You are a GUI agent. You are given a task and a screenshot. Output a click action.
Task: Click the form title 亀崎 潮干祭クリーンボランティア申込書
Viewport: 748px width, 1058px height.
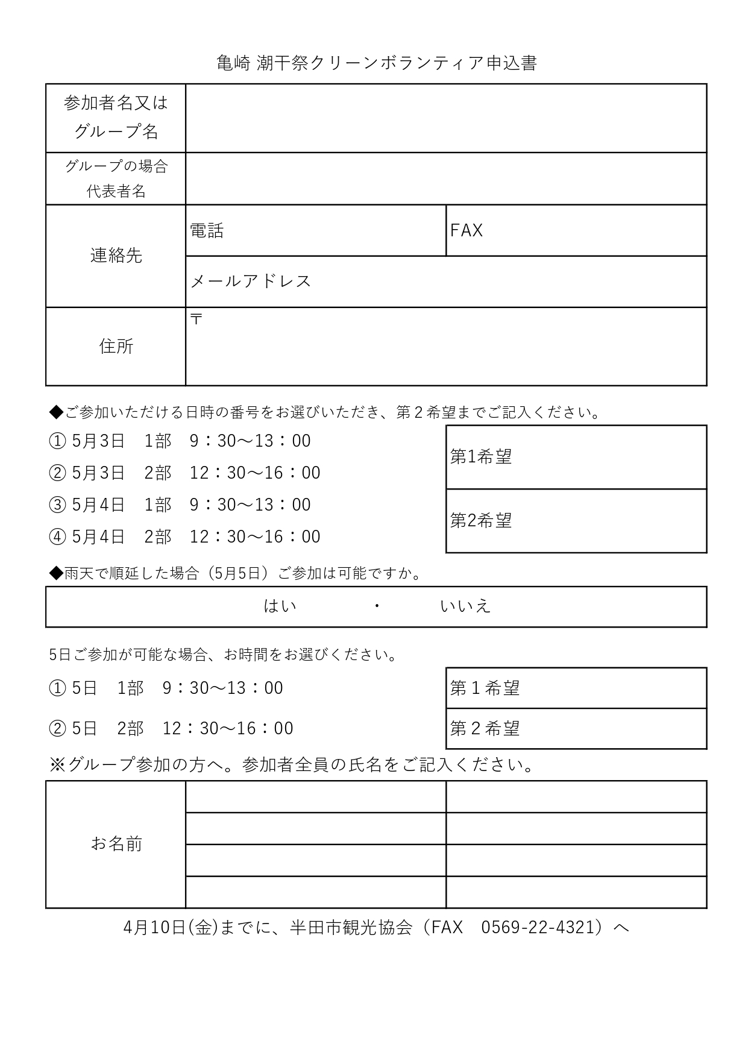click(376, 63)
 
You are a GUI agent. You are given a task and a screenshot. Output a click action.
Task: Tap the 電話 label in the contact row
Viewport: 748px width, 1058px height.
click(207, 230)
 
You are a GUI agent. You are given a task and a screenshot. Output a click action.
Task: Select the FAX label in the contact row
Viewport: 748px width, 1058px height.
click(467, 230)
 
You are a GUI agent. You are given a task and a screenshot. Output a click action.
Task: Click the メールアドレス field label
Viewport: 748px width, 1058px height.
click(251, 282)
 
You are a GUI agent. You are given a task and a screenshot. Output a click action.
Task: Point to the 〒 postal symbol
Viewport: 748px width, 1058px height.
click(196, 319)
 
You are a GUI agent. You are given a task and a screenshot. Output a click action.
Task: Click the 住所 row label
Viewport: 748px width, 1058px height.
click(116, 346)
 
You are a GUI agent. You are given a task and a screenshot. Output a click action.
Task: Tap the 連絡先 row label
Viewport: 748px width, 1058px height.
click(116, 256)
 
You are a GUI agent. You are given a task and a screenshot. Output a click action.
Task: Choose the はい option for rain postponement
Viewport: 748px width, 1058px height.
click(280, 606)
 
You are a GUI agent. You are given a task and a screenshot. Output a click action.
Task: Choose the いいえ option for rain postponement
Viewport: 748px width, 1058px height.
click(465, 606)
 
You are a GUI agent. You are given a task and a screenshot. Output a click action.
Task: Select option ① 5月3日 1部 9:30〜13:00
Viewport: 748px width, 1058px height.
click(180, 441)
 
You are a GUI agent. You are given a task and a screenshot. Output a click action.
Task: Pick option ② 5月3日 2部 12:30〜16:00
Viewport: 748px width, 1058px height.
click(184, 473)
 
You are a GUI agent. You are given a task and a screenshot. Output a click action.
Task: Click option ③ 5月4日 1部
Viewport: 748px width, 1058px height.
click(180, 505)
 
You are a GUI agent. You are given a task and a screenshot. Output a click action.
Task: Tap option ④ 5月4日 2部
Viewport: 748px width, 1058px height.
click(184, 537)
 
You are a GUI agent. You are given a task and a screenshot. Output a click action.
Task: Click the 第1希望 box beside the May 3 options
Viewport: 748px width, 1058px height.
click(576, 457)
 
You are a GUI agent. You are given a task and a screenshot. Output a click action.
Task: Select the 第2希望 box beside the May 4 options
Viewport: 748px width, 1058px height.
click(576, 521)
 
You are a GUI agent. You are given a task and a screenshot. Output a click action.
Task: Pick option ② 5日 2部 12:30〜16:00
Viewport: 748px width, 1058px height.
click(171, 729)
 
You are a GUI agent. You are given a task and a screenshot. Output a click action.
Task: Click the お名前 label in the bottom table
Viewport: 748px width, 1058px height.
click(116, 844)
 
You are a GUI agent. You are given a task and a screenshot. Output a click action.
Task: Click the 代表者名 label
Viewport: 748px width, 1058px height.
click(116, 191)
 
